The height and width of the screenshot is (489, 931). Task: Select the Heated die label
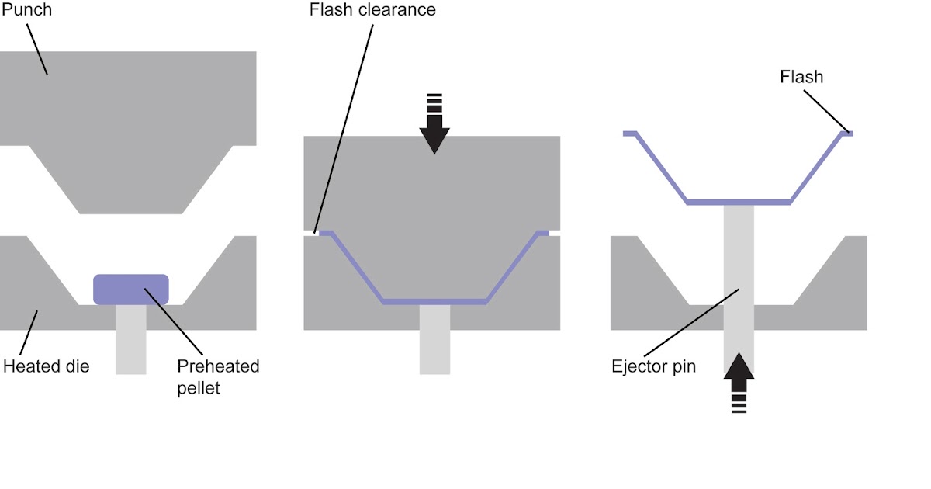[47, 366]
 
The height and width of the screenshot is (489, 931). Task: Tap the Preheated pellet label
[218, 376]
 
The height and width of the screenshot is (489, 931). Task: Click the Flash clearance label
[372, 10]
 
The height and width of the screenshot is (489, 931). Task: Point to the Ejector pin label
[653, 366]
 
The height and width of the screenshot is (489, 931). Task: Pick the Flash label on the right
[802, 77]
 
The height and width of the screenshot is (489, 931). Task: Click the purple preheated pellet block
[130, 289]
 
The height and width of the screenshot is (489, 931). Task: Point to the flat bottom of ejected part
[739, 202]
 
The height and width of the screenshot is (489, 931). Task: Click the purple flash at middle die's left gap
[326, 233]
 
